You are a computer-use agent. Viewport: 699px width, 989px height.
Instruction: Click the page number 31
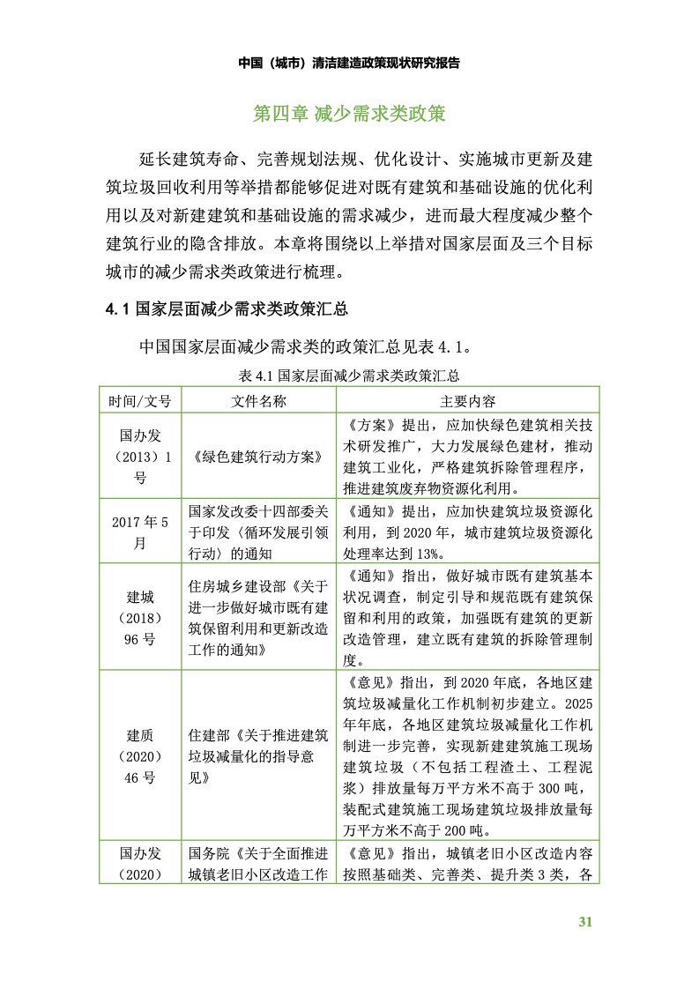tap(584, 923)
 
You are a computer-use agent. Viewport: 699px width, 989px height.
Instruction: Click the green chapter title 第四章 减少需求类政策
tap(349, 115)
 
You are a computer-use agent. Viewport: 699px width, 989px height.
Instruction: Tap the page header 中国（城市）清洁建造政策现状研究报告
tap(349, 63)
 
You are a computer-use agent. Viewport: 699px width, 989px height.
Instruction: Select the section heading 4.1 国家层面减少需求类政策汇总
tap(226, 309)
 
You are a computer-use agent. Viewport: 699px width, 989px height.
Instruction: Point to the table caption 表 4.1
tap(349, 376)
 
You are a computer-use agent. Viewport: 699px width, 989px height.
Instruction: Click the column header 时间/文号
tap(140, 400)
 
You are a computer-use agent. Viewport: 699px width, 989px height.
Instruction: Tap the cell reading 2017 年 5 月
tap(140, 532)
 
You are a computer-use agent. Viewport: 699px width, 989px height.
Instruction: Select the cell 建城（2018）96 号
tap(140, 615)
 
